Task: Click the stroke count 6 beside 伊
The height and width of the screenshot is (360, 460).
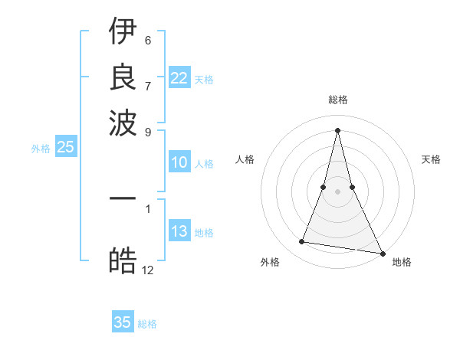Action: [148, 40]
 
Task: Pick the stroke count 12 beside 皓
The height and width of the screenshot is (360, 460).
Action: [148, 270]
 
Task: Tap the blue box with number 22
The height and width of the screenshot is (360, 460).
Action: [179, 78]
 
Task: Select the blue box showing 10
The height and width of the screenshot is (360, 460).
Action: [179, 163]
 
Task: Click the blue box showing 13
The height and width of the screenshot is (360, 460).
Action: [179, 232]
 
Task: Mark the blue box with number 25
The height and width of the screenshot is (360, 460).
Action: [65, 148]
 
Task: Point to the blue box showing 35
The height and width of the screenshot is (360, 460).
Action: [123, 322]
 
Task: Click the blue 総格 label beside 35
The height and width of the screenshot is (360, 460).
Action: [147, 324]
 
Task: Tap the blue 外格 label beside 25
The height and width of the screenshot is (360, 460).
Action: [41, 149]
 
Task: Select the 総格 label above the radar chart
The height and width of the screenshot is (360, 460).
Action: [337, 100]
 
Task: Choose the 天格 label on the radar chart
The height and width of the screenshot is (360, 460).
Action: [431, 159]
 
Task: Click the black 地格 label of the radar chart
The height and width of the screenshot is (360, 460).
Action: [402, 262]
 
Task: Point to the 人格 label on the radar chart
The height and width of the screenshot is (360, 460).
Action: [245, 159]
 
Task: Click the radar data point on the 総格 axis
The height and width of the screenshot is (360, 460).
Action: [337, 129]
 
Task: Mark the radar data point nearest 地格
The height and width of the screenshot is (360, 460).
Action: [382, 253]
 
